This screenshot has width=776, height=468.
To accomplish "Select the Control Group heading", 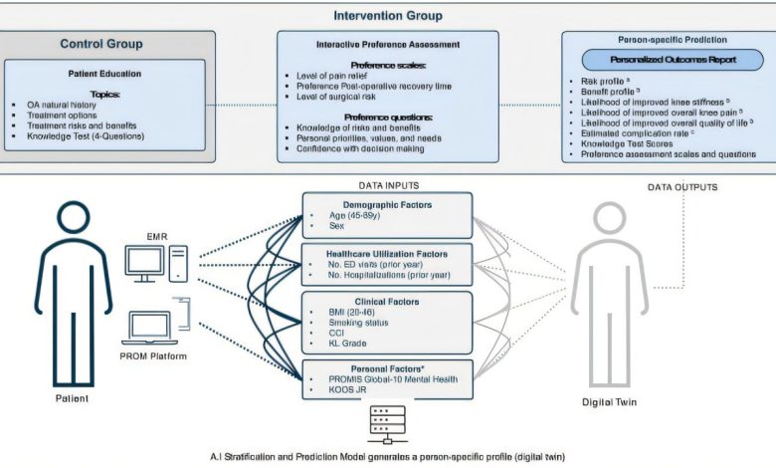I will tap(100, 44).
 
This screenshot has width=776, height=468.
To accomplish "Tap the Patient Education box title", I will tap(103, 75).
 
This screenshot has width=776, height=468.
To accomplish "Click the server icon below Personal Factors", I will tap(382, 422).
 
